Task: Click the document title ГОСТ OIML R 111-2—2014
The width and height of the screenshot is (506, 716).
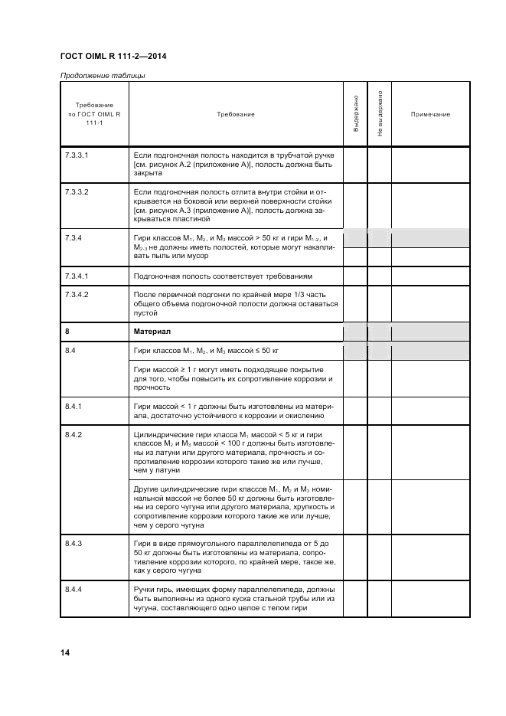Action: click(113, 57)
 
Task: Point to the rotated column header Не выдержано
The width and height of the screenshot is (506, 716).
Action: click(380, 114)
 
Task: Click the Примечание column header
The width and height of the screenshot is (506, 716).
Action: click(430, 114)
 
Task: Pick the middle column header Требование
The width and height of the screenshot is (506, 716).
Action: click(236, 114)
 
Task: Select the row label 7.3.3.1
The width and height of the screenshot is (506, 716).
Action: click(77, 155)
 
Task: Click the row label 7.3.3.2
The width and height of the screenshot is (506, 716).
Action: click(77, 191)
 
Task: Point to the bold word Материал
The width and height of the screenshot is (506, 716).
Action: click(151, 332)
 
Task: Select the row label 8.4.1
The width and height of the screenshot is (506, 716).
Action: click(76, 405)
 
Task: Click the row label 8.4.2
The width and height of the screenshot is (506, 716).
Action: click(76, 434)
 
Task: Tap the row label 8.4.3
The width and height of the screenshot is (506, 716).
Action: click(76, 542)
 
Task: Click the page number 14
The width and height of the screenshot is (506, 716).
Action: click(65, 652)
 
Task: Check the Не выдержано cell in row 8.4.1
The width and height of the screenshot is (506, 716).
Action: click(380, 410)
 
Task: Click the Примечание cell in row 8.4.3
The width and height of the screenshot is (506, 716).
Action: click(430, 557)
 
